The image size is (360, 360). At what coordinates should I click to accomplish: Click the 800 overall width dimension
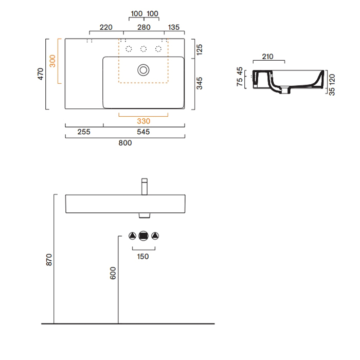[125, 143]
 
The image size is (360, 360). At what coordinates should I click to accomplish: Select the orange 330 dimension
[143, 121]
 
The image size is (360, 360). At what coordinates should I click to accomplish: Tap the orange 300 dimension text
[52, 61]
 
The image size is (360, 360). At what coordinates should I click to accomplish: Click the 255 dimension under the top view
[84, 132]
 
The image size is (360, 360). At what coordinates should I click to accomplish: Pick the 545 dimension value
[143, 132]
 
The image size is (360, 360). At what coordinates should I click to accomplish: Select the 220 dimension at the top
[106, 27]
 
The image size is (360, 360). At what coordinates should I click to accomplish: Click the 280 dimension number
[143, 27]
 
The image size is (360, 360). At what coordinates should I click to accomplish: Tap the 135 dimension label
[174, 27]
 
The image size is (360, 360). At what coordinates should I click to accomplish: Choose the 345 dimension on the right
[200, 83]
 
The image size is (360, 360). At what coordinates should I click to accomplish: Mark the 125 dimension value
[200, 49]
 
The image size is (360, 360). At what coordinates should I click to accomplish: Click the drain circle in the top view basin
[143, 69]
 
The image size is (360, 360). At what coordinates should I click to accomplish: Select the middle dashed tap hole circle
[143, 49]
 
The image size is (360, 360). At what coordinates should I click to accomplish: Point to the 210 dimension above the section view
[267, 57]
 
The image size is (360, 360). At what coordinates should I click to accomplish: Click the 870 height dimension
[49, 260]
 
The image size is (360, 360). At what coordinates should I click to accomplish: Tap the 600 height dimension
[113, 273]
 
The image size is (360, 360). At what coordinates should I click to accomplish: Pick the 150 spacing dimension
[143, 257]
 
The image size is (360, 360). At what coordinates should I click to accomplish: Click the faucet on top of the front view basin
[145, 187]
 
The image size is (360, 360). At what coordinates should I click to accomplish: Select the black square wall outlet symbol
[143, 236]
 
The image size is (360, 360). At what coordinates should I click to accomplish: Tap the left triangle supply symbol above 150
[132, 236]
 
